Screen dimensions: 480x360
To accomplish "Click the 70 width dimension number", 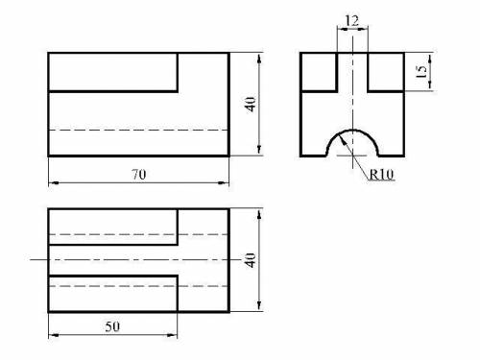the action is pyautogui.click(x=139, y=175).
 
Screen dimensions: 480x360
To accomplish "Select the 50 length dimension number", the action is pyautogui.click(x=112, y=326).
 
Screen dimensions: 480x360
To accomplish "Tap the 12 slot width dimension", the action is pyautogui.click(x=351, y=21).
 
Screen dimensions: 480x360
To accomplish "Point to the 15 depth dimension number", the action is pyautogui.click(x=422, y=72).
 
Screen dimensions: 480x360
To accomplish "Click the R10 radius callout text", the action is pyautogui.click(x=381, y=175).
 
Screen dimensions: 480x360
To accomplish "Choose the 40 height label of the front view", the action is pyautogui.click(x=251, y=105).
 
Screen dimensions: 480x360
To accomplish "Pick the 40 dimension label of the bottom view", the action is pyautogui.click(x=251, y=260).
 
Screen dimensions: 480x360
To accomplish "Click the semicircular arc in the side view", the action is pyautogui.click(x=352, y=130).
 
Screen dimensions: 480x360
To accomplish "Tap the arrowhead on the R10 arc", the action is pyautogui.click(x=342, y=138).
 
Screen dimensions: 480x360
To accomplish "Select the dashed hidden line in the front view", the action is pyautogui.click(x=139, y=131).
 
